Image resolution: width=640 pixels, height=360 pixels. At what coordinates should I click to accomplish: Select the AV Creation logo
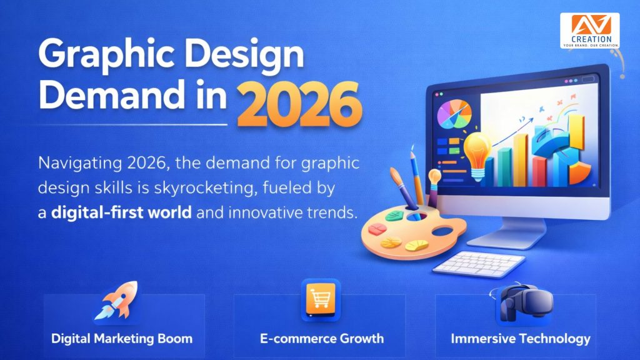coord(589,31)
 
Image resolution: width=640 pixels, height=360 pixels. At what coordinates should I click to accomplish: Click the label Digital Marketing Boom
coord(121,339)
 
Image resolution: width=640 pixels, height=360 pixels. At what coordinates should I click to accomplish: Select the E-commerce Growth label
coord(321,339)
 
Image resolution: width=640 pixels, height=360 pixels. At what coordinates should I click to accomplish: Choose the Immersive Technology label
coord(520,339)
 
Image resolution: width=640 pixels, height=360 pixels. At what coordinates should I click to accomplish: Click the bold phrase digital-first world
coord(121,212)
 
